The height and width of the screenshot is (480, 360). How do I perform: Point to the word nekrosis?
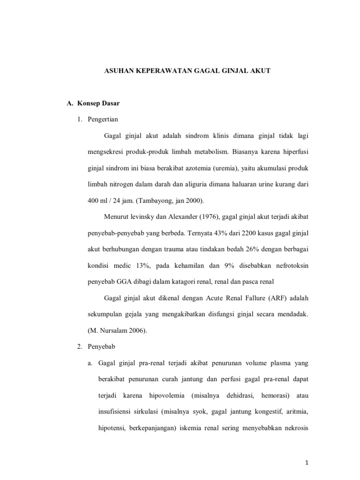(295, 427)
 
